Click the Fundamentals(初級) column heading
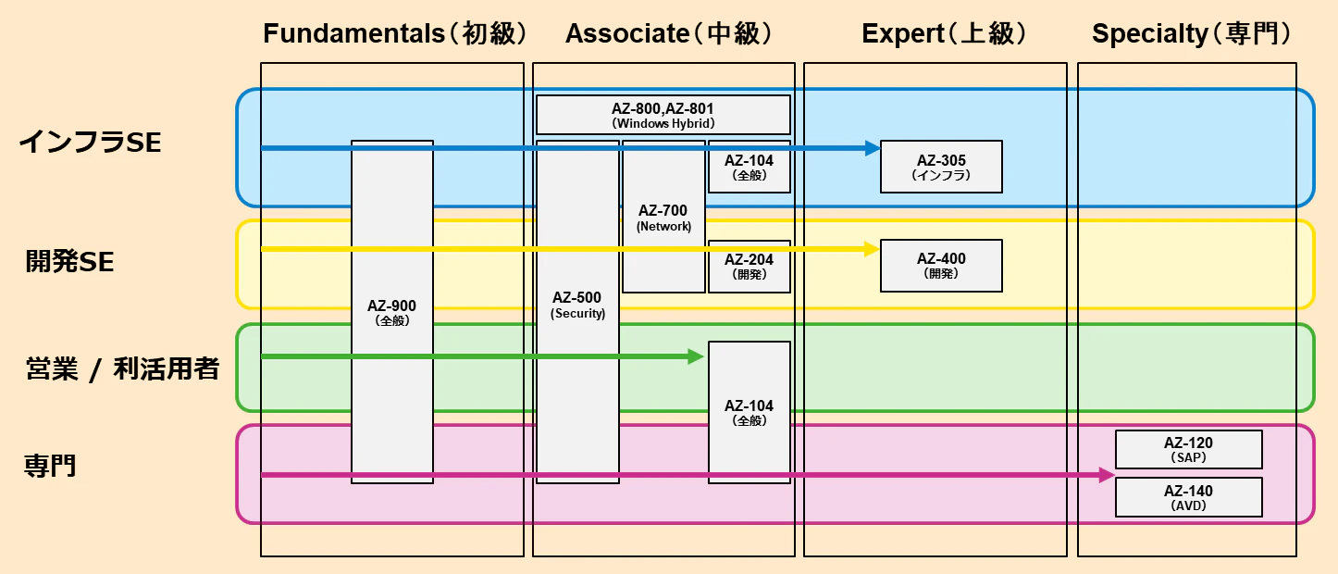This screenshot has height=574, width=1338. pyautogui.click(x=395, y=33)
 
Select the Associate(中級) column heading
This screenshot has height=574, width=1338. pyautogui.click(x=669, y=33)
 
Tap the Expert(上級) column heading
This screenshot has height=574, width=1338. pyautogui.click(x=944, y=33)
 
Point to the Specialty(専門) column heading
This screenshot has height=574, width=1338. pyautogui.click(x=1192, y=33)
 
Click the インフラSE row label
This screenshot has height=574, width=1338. pyautogui.click(x=90, y=143)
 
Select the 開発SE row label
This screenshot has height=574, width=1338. pyautogui.click(x=69, y=262)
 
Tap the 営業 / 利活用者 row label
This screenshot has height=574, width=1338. pyautogui.click(x=122, y=368)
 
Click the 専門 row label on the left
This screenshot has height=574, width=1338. pyautogui.click(x=50, y=466)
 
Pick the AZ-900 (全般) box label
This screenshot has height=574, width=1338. pyautogui.click(x=391, y=313)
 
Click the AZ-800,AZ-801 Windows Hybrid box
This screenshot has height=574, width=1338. pyautogui.click(x=663, y=115)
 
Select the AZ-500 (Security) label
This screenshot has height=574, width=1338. pyautogui.click(x=577, y=305)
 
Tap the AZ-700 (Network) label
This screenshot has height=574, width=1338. pyautogui.click(x=663, y=218)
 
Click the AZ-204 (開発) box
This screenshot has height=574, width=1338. pyautogui.click(x=750, y=267)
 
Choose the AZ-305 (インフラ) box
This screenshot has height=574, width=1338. pyautogui.click(x=941, y=167)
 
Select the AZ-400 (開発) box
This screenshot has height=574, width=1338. pyautogui.click(x=941, y=266)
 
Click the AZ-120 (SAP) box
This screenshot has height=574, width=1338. pyautogui.click(x=1189, y=450)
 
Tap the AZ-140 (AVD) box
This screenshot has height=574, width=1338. pyautogui.click(x=1189, y=497)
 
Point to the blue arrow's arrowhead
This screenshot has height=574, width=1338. pyautogui.click(x=873, y=148)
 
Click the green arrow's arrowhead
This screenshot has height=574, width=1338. pyautogui.click(x=696, y=356)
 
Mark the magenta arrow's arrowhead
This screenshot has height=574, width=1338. pyautogui.click(x=1107, y=475)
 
